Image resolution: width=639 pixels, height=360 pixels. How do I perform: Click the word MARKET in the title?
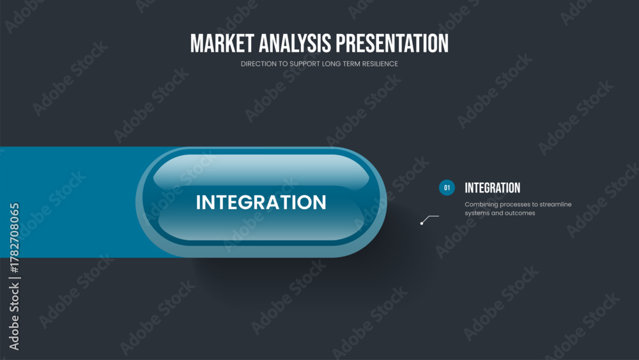click(x=222, y=43)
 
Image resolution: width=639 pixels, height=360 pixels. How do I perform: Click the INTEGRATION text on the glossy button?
click(x=261, y=202)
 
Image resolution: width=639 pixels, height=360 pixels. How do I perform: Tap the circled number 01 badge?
click(x=447, y=187)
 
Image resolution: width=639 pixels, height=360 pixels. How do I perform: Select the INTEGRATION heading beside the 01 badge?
click(x=492, y=188)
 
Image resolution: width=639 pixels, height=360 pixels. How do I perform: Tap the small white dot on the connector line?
click(x=422, y=223)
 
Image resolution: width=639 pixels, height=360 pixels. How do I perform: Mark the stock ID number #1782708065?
click(x=14, y=238)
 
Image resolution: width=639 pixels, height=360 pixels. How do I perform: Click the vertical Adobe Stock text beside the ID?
click(x=14, y=317)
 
